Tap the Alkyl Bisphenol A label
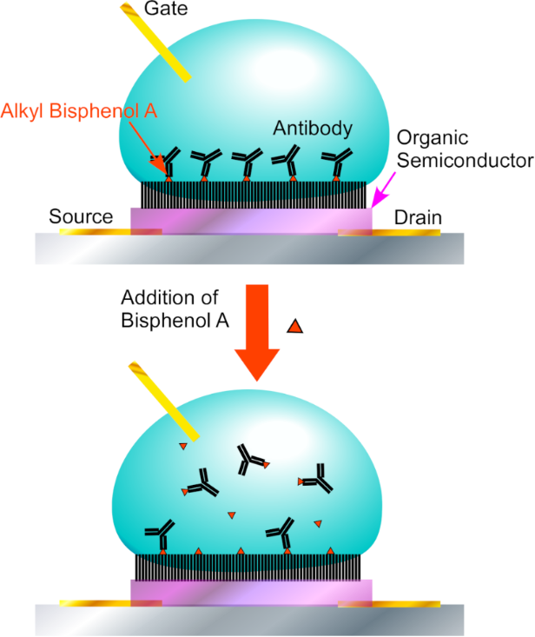(x=73, y=110)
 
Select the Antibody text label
(x=313, y=129)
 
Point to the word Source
(x=81, y=216)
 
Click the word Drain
(x=418, y=216)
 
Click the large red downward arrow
(x=256, y=330)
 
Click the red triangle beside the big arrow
(x=294, y=327)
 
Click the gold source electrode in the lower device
(x=91, y=601)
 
